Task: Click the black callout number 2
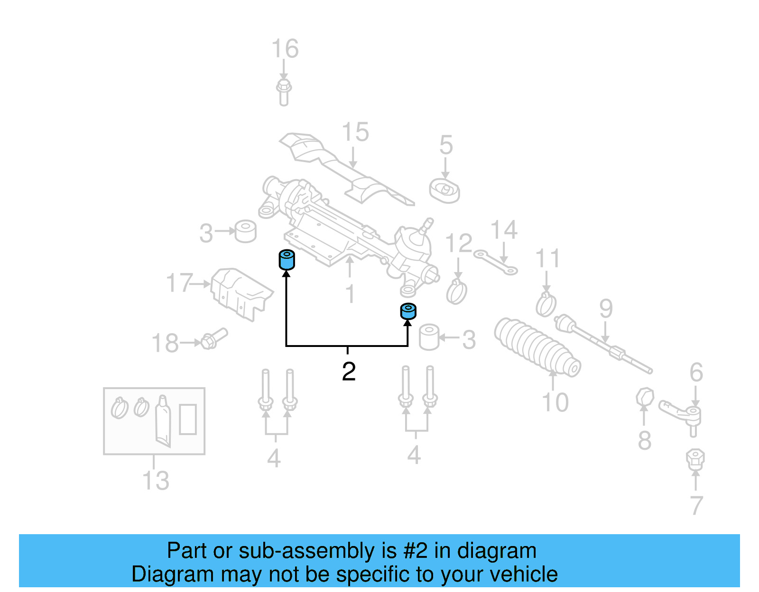(x=349, y=372)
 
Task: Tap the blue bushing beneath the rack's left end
(x=286, y=260)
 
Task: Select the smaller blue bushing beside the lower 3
(x=408, y=311)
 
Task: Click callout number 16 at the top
(x=285, y=49)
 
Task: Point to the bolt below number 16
(x=284, y=92)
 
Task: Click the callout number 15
(x=355, y=132)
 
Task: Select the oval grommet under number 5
(x=444, y=191)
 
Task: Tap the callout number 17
(x=179, y=283)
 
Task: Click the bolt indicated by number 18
(x=214, y=338)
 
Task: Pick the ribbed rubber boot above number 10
(x=536, y=348)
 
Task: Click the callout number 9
(x=606, y=309)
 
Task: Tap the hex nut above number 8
(x=645, y=397)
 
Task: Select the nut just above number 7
(x=695, y=458)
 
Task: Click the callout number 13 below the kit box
(x=156, y=480)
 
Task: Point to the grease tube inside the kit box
(x=163, y=420)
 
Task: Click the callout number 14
(x=504, y=230)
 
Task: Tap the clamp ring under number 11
(x=546, y=304)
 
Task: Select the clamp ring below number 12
(x=456, y=291)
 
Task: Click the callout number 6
(x=696, y=372)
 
